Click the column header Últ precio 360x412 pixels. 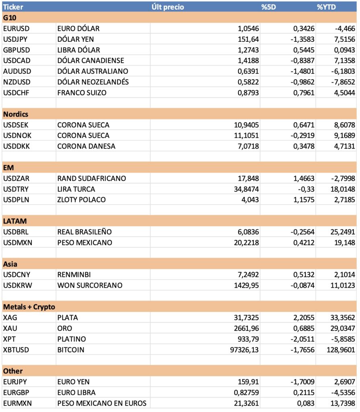pyautogui.click(x=168, y=7)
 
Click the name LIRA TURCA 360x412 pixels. pyautogui.click(x=76, y=189)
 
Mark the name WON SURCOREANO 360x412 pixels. pyautogui.click(x=90, y=285)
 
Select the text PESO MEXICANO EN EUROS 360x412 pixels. pyautogui.click(x=101, y=403)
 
